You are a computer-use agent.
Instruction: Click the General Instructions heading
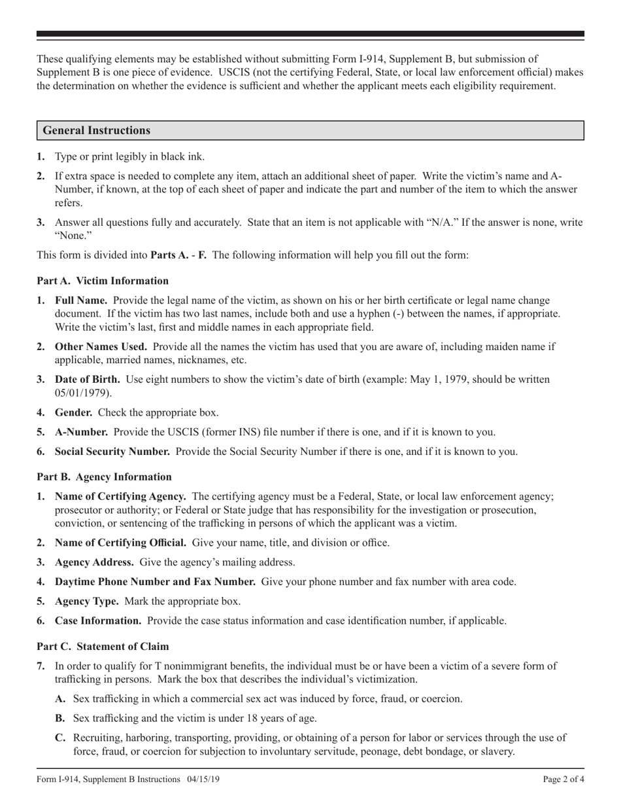[x=97, y=130]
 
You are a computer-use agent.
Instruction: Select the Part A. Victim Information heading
[x=103, y=281]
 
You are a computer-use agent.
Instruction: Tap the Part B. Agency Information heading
[x=104, y=476]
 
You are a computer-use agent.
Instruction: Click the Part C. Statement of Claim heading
[x=103, y=646]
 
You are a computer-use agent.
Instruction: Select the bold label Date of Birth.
[x=87, y=379]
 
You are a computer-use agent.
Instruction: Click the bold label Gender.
[x=73, y=412]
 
